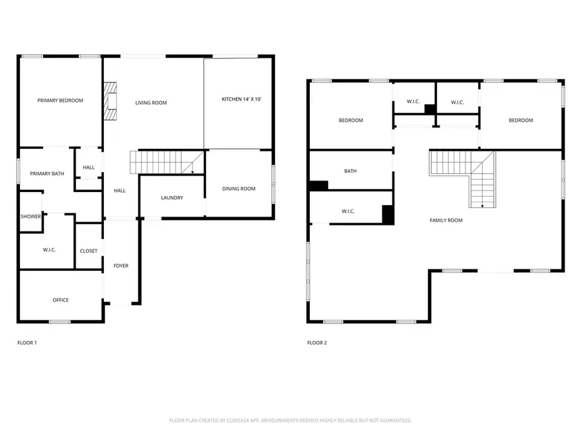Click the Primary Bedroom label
coord(60,101)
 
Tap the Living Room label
coord(151,102)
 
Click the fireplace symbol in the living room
coord(111,102)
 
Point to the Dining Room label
coord(239,189)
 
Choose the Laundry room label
coord(172,198)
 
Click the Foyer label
coord(121,266)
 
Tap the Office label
coord(61,300)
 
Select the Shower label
coord(30,217)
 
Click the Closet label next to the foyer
coord(88,251)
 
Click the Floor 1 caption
coord(26,343)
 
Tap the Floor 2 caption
coord(316,343)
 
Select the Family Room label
coord(446,220)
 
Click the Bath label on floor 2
coord(351,171)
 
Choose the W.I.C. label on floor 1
coord(50,249)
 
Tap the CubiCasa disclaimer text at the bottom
coord(290,420)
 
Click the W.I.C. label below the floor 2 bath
coord(348,211)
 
